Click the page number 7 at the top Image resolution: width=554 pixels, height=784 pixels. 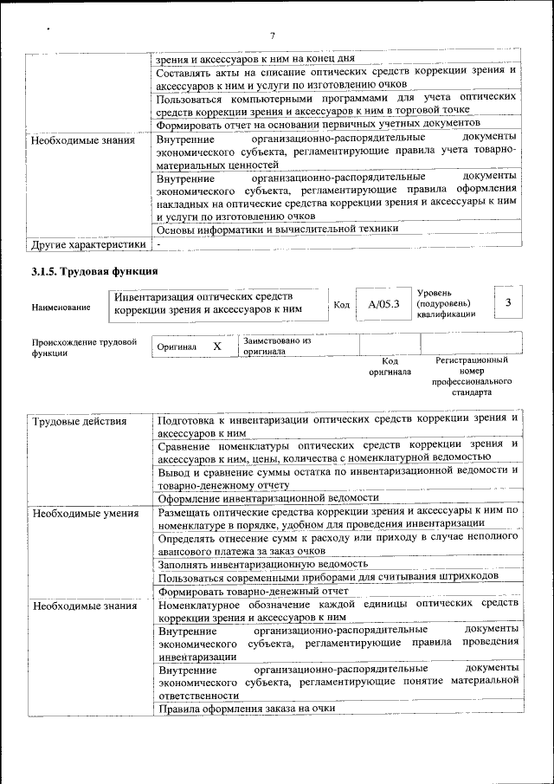point(272,36)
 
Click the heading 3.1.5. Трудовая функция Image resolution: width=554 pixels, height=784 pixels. point(94,274)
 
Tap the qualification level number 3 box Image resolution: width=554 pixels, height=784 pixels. point(508,301)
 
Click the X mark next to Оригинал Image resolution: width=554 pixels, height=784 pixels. point(218,347)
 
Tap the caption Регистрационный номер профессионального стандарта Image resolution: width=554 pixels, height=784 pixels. point(472,375)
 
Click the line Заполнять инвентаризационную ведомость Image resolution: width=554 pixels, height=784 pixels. point(263,563)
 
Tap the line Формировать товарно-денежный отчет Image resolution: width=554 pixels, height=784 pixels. point(253,592)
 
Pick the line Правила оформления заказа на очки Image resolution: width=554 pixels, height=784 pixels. point(246,709)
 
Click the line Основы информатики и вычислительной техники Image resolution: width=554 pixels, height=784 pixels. point(277,229)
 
